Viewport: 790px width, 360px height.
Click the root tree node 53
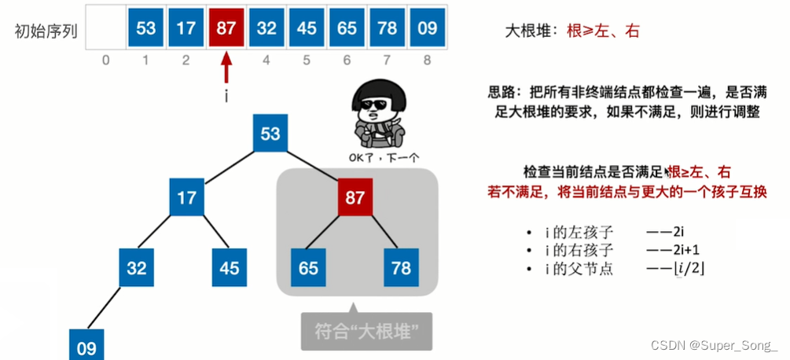(270, 133)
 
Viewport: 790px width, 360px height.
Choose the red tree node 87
(355, 197)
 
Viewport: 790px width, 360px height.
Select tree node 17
(186, 197)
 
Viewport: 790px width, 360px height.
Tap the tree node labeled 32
(137, 268)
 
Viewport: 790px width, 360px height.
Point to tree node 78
(401, 268)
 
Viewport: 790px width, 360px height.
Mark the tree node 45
(229, 268)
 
